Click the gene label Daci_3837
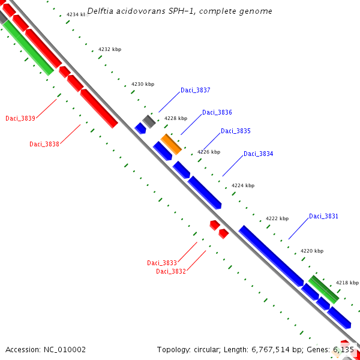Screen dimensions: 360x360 195,91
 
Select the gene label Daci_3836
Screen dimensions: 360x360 217,113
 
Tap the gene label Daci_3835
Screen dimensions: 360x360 235,131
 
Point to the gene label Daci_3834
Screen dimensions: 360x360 258,154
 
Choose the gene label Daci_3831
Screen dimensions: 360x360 323,217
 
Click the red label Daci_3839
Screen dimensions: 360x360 20,118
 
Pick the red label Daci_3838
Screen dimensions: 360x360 44,144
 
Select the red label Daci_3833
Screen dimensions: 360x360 161,263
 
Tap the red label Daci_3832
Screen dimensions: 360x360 171,271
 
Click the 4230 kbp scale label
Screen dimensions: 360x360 142,85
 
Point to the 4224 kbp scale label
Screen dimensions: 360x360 242,185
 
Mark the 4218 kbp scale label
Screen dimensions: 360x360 347,283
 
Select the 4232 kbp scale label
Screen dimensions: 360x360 109,49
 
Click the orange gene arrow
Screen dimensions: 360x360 170,144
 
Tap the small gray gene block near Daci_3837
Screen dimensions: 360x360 148,121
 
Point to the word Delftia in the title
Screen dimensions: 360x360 101,11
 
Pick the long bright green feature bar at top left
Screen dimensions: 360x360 29,47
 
